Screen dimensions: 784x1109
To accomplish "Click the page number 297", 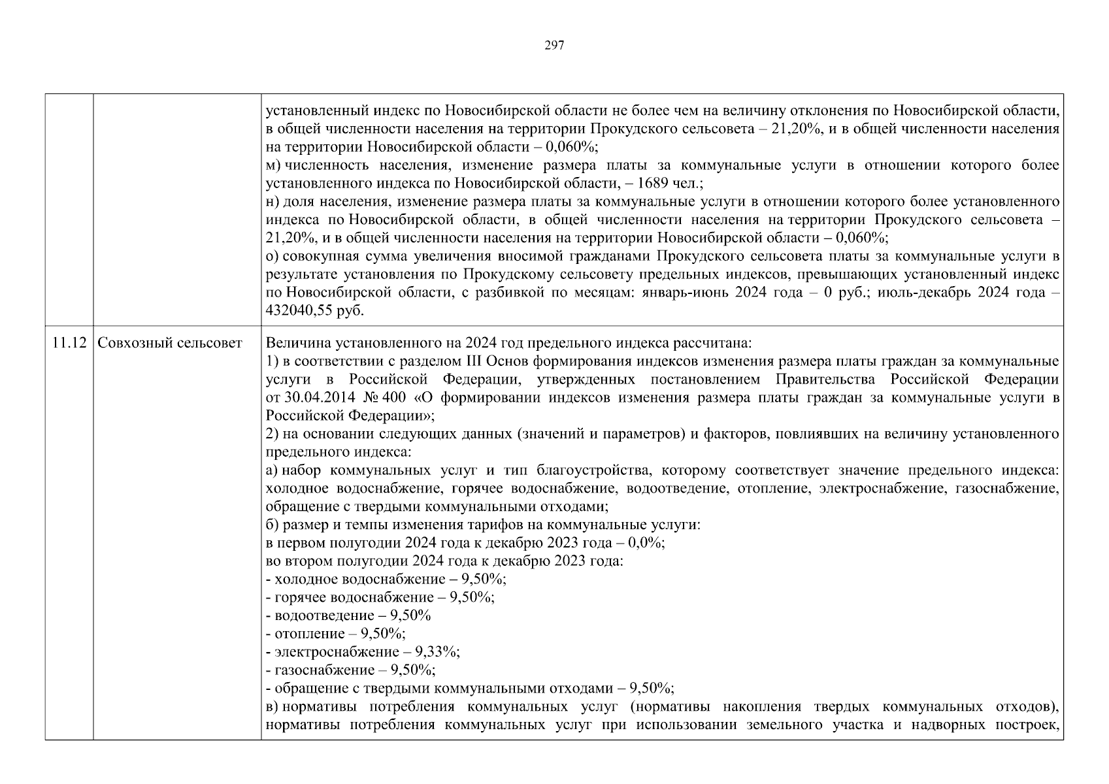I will point(554,46).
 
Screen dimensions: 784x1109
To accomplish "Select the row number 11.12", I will point(69,344).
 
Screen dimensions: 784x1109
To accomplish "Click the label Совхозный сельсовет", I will point(170,344).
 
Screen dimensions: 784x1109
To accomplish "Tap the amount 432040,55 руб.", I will point(314,311).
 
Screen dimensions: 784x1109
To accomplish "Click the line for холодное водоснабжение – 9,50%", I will point(386,580).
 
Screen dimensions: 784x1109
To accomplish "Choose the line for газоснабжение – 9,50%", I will point(351,670).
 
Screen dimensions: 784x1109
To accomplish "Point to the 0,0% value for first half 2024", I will point(646,544).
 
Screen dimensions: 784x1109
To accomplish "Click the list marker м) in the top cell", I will point(273,165).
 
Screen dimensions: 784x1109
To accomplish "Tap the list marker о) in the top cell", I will point(273,256).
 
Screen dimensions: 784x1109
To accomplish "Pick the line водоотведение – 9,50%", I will point(348,616).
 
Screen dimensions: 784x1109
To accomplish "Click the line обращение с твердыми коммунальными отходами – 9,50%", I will point(470,689).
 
